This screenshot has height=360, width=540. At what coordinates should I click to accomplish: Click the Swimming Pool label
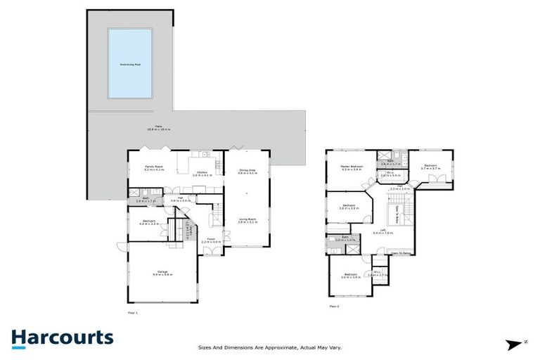(129, 64)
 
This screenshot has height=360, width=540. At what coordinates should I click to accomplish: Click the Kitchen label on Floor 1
(202, 173)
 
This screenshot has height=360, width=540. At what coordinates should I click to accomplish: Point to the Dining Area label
(246, 171)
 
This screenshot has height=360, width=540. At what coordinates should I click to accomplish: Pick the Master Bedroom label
(351, 167)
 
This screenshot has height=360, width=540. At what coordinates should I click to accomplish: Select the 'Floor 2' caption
(335, 306)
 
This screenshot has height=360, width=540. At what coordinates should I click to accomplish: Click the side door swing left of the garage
(121, 247)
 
